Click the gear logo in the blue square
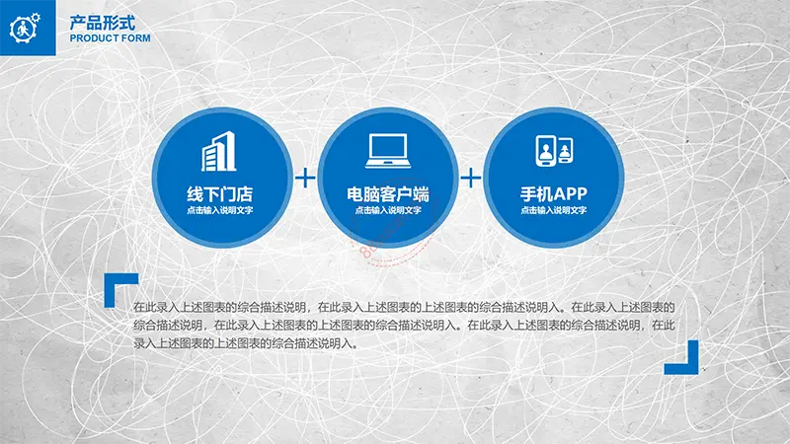(x=25, y=28)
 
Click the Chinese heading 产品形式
(x=103, y=23)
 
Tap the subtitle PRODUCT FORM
(x=110, y=38)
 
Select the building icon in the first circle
(x=218, y=152)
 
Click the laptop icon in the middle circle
(x=388, y=151)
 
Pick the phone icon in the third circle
(x=554, y=151)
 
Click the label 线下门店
(x=219, y=193)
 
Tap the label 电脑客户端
(x=388, y=193)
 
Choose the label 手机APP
(x=554, y=193)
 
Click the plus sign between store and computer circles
(x=305, y=178)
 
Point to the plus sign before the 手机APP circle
(x=471, y=178)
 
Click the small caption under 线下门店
(x=219, y=210)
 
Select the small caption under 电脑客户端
(x=388, y=210)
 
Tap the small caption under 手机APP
(x=554, y=210)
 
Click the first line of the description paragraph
(x=404, y=307)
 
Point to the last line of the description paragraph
(x=246, y=343)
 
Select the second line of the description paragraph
(x=404, y=326)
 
